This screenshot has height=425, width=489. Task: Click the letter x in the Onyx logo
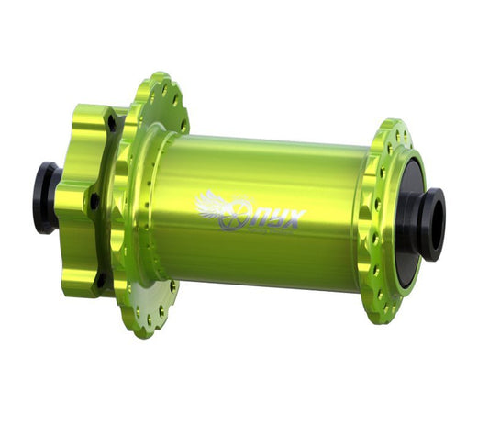[x=295, y=218]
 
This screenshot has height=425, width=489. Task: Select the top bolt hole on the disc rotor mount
[x=111, y=120]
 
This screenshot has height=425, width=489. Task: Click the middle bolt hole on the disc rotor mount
[x=94, y=198]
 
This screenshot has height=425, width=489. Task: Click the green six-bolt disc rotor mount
[x=87, y=202]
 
